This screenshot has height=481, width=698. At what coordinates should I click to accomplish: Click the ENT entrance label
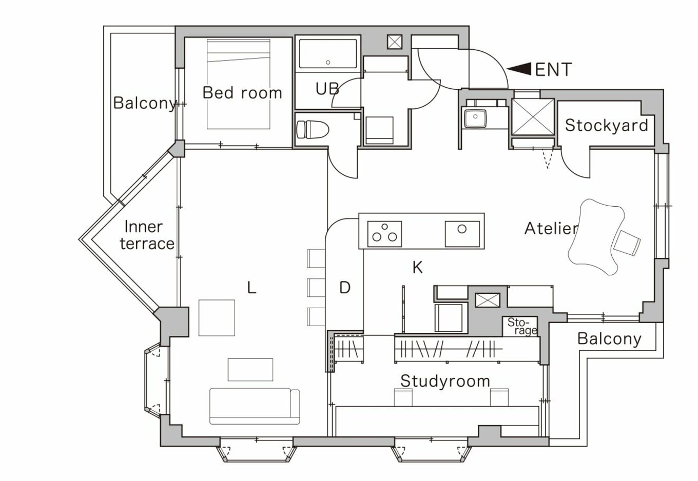click(553, 69)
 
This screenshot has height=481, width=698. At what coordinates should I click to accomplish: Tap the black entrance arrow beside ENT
click(519, 69)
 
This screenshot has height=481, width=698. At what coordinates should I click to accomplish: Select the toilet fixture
click(312, 130)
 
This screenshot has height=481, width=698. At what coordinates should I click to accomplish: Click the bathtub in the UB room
click(328, 53)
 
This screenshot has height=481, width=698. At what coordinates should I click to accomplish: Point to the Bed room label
click(242, 93)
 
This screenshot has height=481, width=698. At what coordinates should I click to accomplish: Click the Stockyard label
click(607, 125)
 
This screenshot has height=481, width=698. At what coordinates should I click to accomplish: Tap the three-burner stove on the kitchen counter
click(384, 234)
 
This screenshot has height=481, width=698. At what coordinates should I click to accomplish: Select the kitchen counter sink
click(462, 234)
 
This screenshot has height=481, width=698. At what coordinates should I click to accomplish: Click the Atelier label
click(551, 229)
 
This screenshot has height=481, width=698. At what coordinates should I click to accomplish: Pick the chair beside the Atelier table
click(627, 243)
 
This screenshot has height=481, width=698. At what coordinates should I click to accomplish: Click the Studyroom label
click(445, 382)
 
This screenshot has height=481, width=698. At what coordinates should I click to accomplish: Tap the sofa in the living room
click(255, 406)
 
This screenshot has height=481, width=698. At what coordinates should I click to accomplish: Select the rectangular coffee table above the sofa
click(250, 370)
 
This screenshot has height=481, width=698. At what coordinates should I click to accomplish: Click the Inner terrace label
click(147, 235)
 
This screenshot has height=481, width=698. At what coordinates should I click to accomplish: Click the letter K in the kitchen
click(418, 267)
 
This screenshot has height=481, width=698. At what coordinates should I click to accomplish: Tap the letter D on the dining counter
click(345, 288)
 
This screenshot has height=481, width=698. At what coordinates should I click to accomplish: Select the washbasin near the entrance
click(475, 118)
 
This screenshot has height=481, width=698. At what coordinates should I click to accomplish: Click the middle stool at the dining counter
click(316, 288)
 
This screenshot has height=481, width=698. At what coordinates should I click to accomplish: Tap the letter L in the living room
click(251, 287)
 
